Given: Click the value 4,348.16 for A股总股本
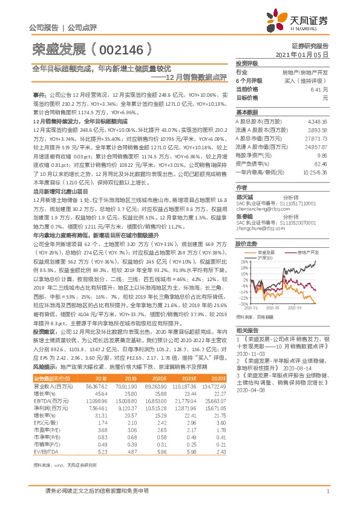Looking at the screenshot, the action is (x=317, y=122).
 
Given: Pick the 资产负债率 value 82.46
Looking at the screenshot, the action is (x=321, y=163).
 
